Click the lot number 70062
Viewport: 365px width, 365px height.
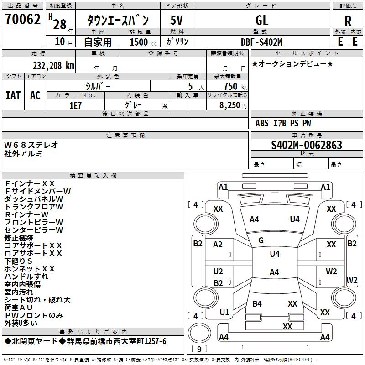[x=22, y=19]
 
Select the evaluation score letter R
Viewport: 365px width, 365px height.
[x=348, y=21]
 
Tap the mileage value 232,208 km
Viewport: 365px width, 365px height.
[x=53, y=66]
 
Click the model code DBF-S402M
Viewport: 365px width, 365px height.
[x=261, y=42]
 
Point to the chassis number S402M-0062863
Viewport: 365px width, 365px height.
[x=307, y=145]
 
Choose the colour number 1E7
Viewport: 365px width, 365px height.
[x=75, y=105]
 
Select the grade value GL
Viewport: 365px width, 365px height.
[x=262, y=20]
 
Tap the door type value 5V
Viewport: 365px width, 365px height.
[x=177, y=20]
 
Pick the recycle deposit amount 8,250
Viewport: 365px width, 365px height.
[x=230, y=105]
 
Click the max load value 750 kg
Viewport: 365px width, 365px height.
[x=235, y=86]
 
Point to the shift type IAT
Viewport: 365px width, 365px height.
[x=13, y=95]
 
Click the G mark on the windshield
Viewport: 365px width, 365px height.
[x=261, y=240]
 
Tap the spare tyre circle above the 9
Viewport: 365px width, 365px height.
[x=199, y=333]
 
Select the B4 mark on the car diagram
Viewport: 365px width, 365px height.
[x=257, y=303]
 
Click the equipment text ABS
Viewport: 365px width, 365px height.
[x=262, y=123]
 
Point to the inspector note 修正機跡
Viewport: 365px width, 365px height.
[x=19, y=238]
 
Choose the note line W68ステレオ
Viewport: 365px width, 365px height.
[x=31, y=145]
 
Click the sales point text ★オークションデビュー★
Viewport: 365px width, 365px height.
[x=292, y=63]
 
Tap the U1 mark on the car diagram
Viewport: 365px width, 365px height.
[x=224, y=313]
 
